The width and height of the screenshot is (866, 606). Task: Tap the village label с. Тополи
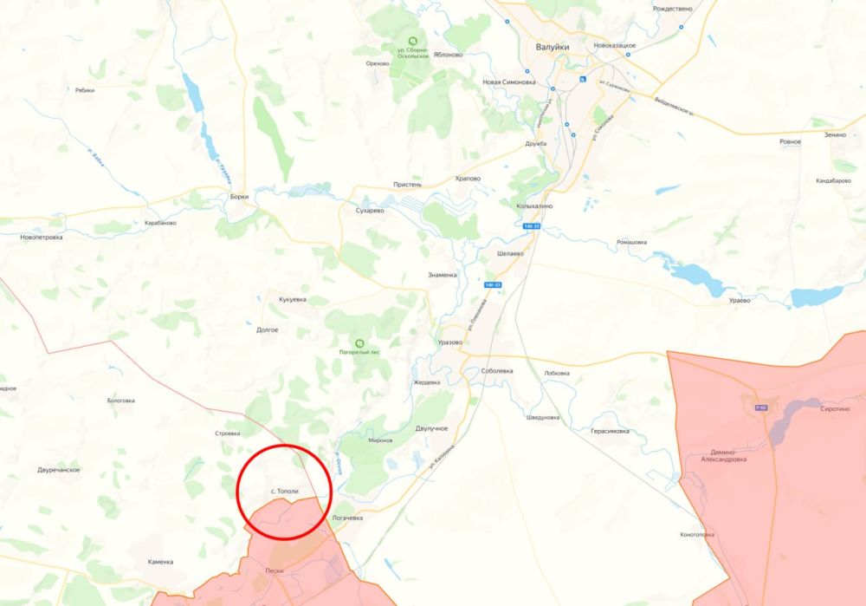pos(284,492)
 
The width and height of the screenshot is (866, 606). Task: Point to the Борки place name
pos(239,197)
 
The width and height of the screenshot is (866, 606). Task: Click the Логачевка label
pos(347,518)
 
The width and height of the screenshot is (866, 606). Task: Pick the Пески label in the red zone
pos(275,571)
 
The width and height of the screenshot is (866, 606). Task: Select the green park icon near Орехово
pos(412,40)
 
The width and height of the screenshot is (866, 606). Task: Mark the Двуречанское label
pos(59,470)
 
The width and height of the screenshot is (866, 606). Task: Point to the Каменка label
pos(160,562)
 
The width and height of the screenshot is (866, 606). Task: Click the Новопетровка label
pos(41,237)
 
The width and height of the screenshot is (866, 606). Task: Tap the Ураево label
pos(740,300)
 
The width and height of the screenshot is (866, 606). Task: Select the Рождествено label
pos(673,8)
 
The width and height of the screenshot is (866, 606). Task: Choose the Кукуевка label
pos(292,299)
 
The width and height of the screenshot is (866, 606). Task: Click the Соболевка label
pos(497,371)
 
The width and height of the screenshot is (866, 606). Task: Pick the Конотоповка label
pos(697,534)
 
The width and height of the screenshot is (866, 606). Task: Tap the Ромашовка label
pos(631,242)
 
